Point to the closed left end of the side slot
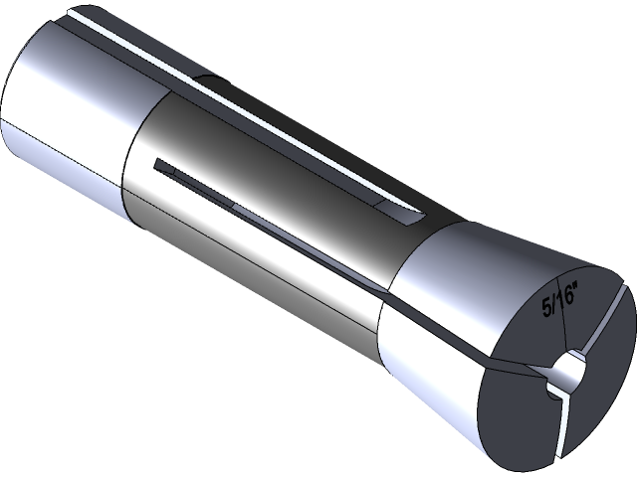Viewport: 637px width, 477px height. (159, 161)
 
